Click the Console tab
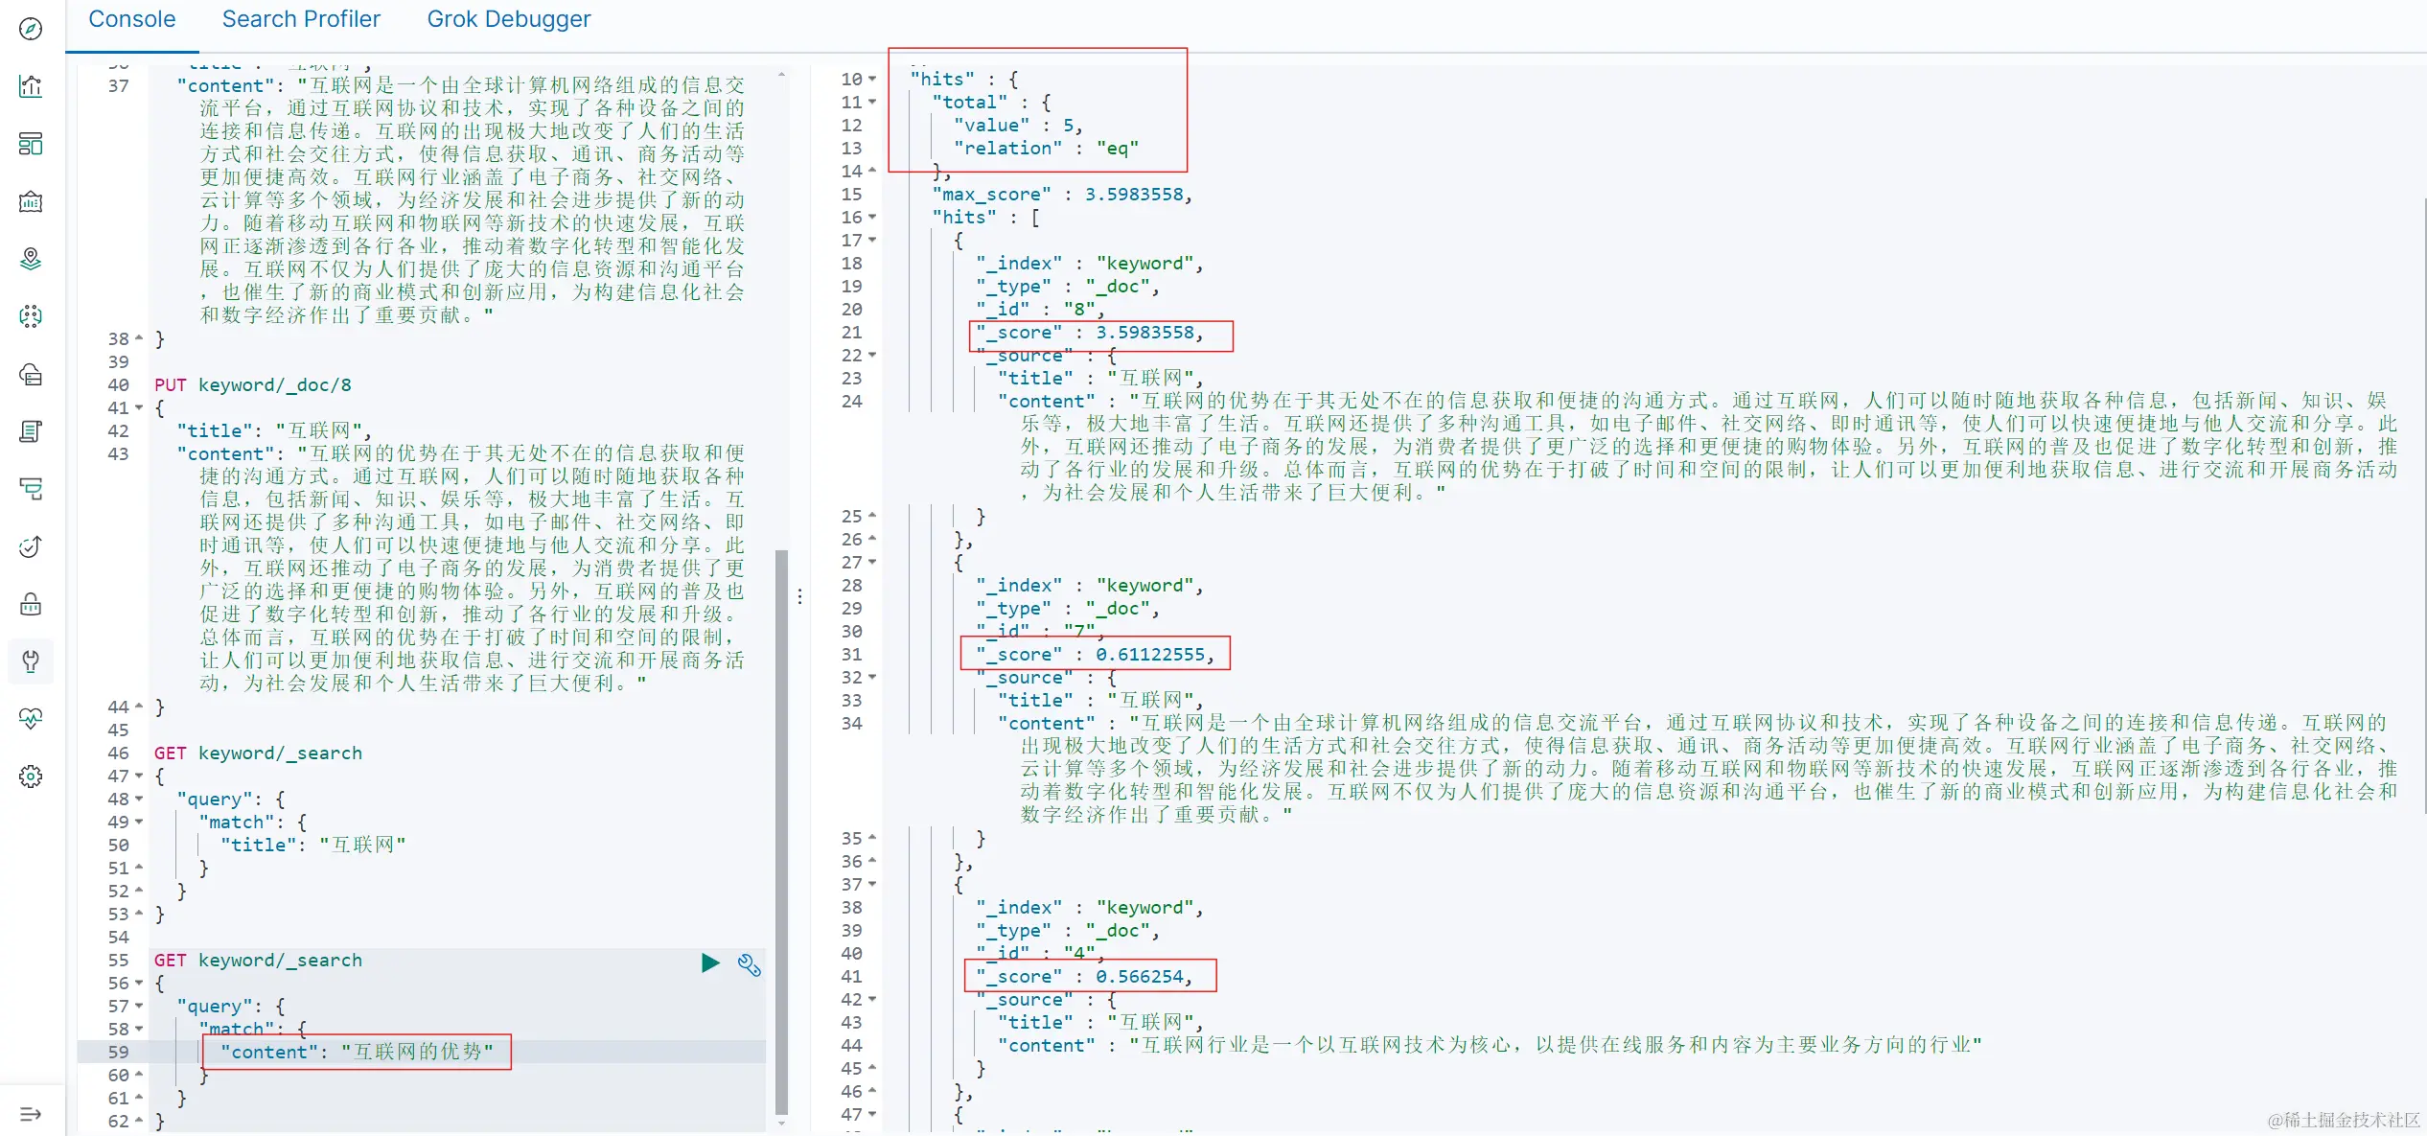click(131, 19)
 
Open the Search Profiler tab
click(301, 19)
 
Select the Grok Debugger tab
click(508, 19)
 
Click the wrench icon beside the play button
click(749, 964)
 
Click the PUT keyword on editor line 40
click(170, 385)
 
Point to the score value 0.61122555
click(1149, 655)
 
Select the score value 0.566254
click(1139, 977)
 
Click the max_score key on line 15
click(991, 195)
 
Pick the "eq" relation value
click(1118, 149)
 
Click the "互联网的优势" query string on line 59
click(417, 1052)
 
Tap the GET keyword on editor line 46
click(170, 753)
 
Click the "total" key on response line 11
click(969, 103)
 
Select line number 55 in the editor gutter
click(118, 961)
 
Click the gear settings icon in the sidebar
click(31, 777)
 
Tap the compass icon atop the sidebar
click(31, 29)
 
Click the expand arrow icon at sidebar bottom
click(31, 1114)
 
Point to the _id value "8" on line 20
click(1079, 310)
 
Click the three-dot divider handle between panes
click(799, 596)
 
